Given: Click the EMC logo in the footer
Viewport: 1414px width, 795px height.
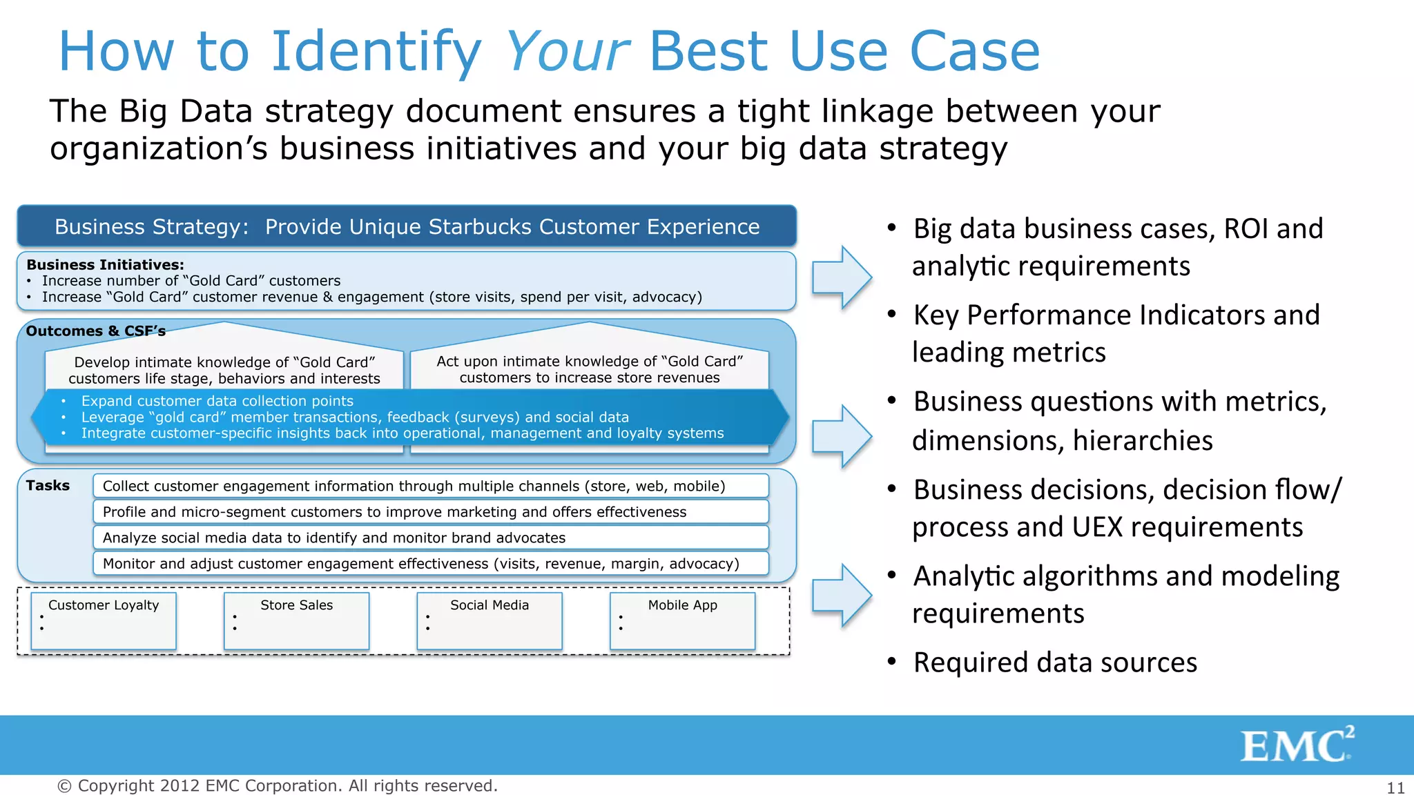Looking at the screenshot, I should pyautogui.click(x=1296, y=745).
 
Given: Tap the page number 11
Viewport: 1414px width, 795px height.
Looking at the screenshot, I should pyautogui.click(x=1395, y=787).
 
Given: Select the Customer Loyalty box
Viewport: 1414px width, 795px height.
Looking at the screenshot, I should pyautogui.click(x=104, y=620).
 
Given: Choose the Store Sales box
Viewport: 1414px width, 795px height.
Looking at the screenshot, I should pyautogui.click(x=296, y=620).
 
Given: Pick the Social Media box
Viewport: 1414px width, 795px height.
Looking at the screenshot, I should pyautogui.click(x=490, y=620).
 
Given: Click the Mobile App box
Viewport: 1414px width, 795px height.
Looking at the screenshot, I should pyautogui.click(x=682, y=620).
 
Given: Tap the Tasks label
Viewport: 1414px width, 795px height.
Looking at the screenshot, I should pyautogui.click(x=48, y=486).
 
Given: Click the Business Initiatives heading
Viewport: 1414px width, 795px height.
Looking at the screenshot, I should pyautogui.click(x=105, y=265).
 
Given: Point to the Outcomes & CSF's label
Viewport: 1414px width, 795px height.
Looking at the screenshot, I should pyautogui.click(x=95, y=331).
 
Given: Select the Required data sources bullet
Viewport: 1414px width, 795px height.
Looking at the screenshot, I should pyautogui.click(x=1054, y=662).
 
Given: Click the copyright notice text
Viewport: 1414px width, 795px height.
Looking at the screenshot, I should pyautogui.click(x=277, y=786).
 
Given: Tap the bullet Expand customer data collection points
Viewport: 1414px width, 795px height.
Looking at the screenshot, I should pyautogui.click(x=217, y=401).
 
